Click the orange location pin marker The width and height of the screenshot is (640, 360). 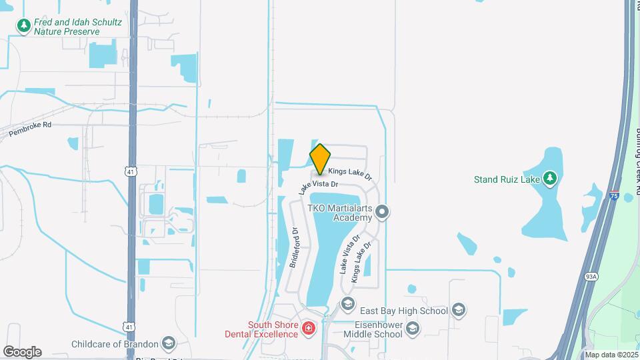(x=320, y=159)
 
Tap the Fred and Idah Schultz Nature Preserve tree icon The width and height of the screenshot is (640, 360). (x=25, y=26)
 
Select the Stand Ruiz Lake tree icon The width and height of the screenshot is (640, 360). (x=549, y=178)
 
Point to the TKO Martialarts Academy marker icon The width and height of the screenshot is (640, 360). (x=382, y=213)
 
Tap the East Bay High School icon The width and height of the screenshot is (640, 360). (x=458, y=309)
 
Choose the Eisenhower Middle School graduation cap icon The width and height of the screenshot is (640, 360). (x=413, y=327)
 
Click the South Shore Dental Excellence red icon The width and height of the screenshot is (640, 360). (x=308, y=327)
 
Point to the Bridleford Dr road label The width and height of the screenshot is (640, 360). (x=294, y=248)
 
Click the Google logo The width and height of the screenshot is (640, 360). (x=22, y=351)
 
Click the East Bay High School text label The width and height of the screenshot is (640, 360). (x=404, y=311)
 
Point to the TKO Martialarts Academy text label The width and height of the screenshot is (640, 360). (x=338, y=213)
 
